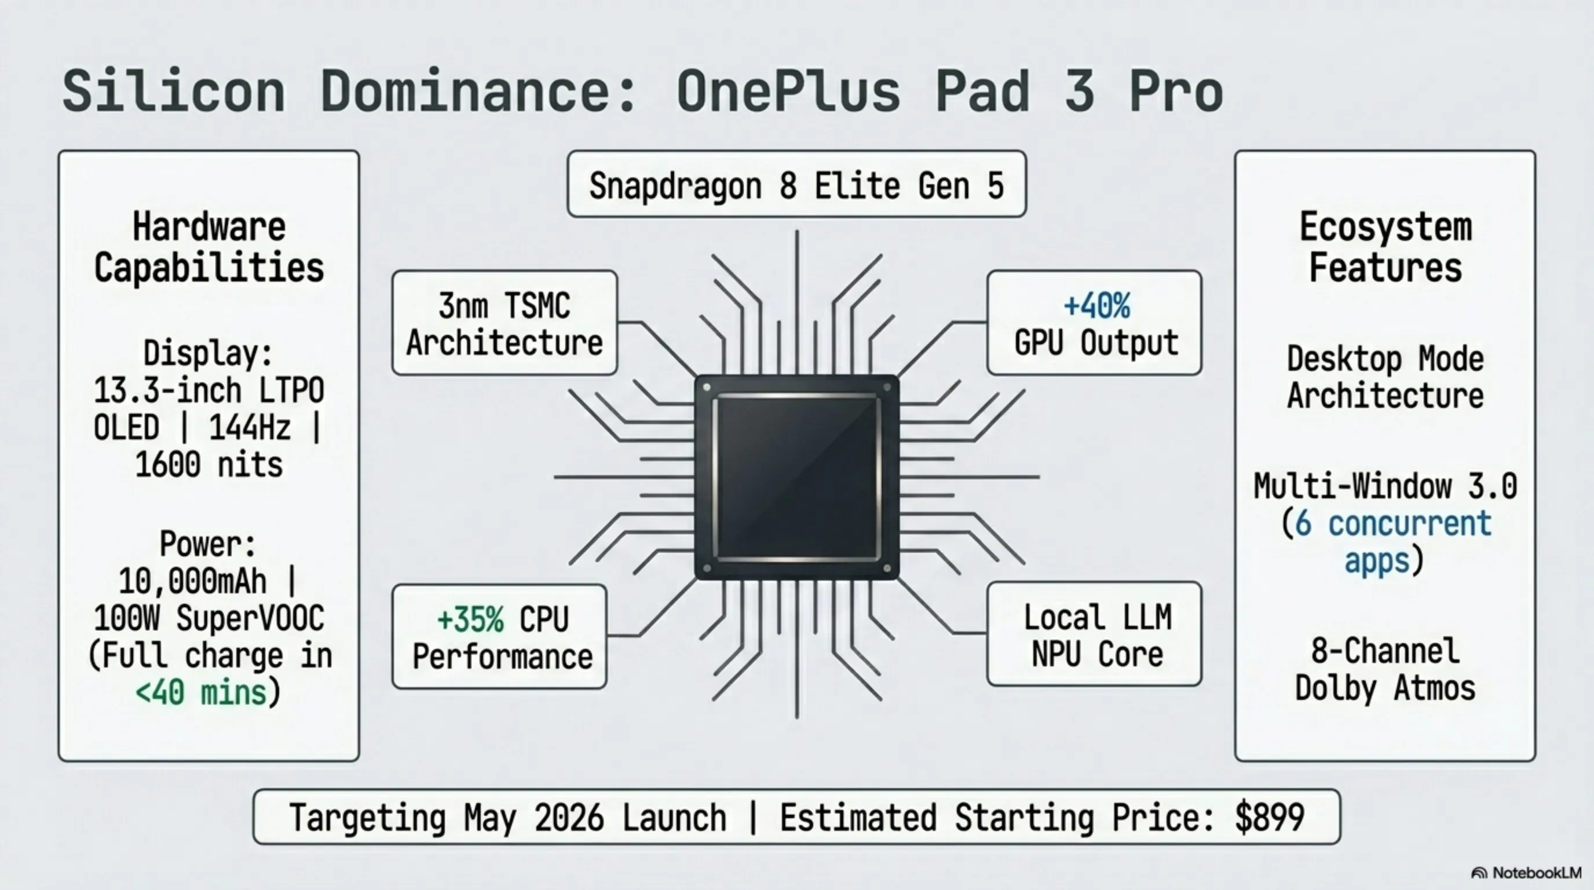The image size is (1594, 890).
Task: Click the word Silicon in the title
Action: (174, 91)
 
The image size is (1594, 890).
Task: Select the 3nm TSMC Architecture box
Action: (504, 323)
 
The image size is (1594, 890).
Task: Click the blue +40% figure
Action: (1096, 306)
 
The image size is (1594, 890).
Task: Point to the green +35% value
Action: (470, 619)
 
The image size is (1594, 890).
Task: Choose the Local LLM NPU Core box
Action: (1094, 634)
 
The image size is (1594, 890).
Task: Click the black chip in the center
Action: (797, 477)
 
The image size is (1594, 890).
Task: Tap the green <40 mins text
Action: (201, 692)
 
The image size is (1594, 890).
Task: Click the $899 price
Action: (1269, 817)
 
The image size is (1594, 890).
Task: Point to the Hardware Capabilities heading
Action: (209, 247)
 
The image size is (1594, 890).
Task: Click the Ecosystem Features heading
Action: (1385, 247)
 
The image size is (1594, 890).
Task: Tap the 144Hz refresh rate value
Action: (250, 428)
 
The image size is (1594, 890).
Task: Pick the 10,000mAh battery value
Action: (192, 581)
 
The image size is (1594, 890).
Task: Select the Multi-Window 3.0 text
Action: (1385, 487)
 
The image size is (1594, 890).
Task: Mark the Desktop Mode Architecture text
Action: (1385, 378)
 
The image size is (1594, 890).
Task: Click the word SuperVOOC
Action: (250, 618)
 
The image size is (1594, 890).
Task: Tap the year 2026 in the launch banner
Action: (569, 818)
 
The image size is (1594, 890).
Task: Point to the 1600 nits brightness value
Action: (209, 465)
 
